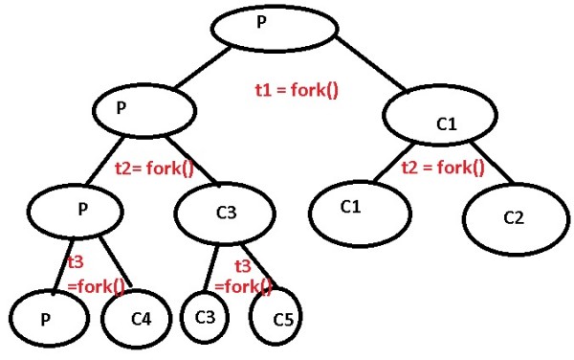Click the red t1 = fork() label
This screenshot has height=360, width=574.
298,91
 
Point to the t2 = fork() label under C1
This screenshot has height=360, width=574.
442,166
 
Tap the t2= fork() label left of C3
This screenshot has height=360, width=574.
153,169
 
